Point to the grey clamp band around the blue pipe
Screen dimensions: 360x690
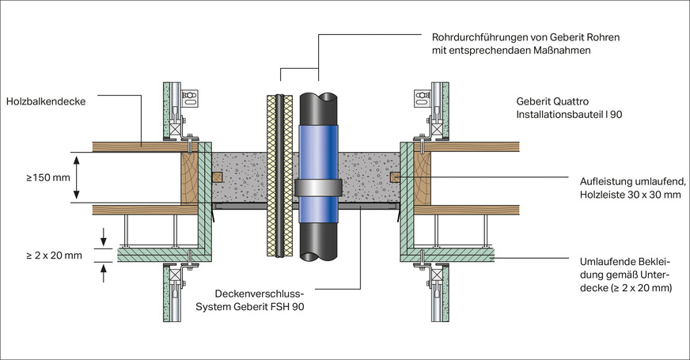(319, 188)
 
